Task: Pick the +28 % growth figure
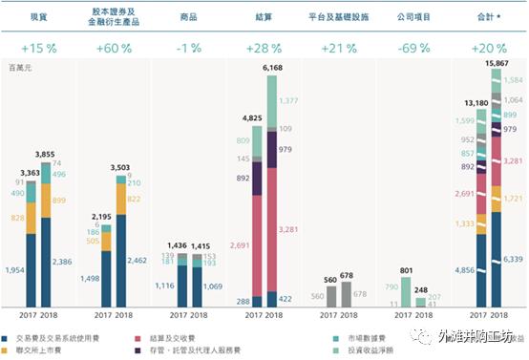point(263,49)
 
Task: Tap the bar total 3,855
point(50,153)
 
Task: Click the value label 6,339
point(513,258)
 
